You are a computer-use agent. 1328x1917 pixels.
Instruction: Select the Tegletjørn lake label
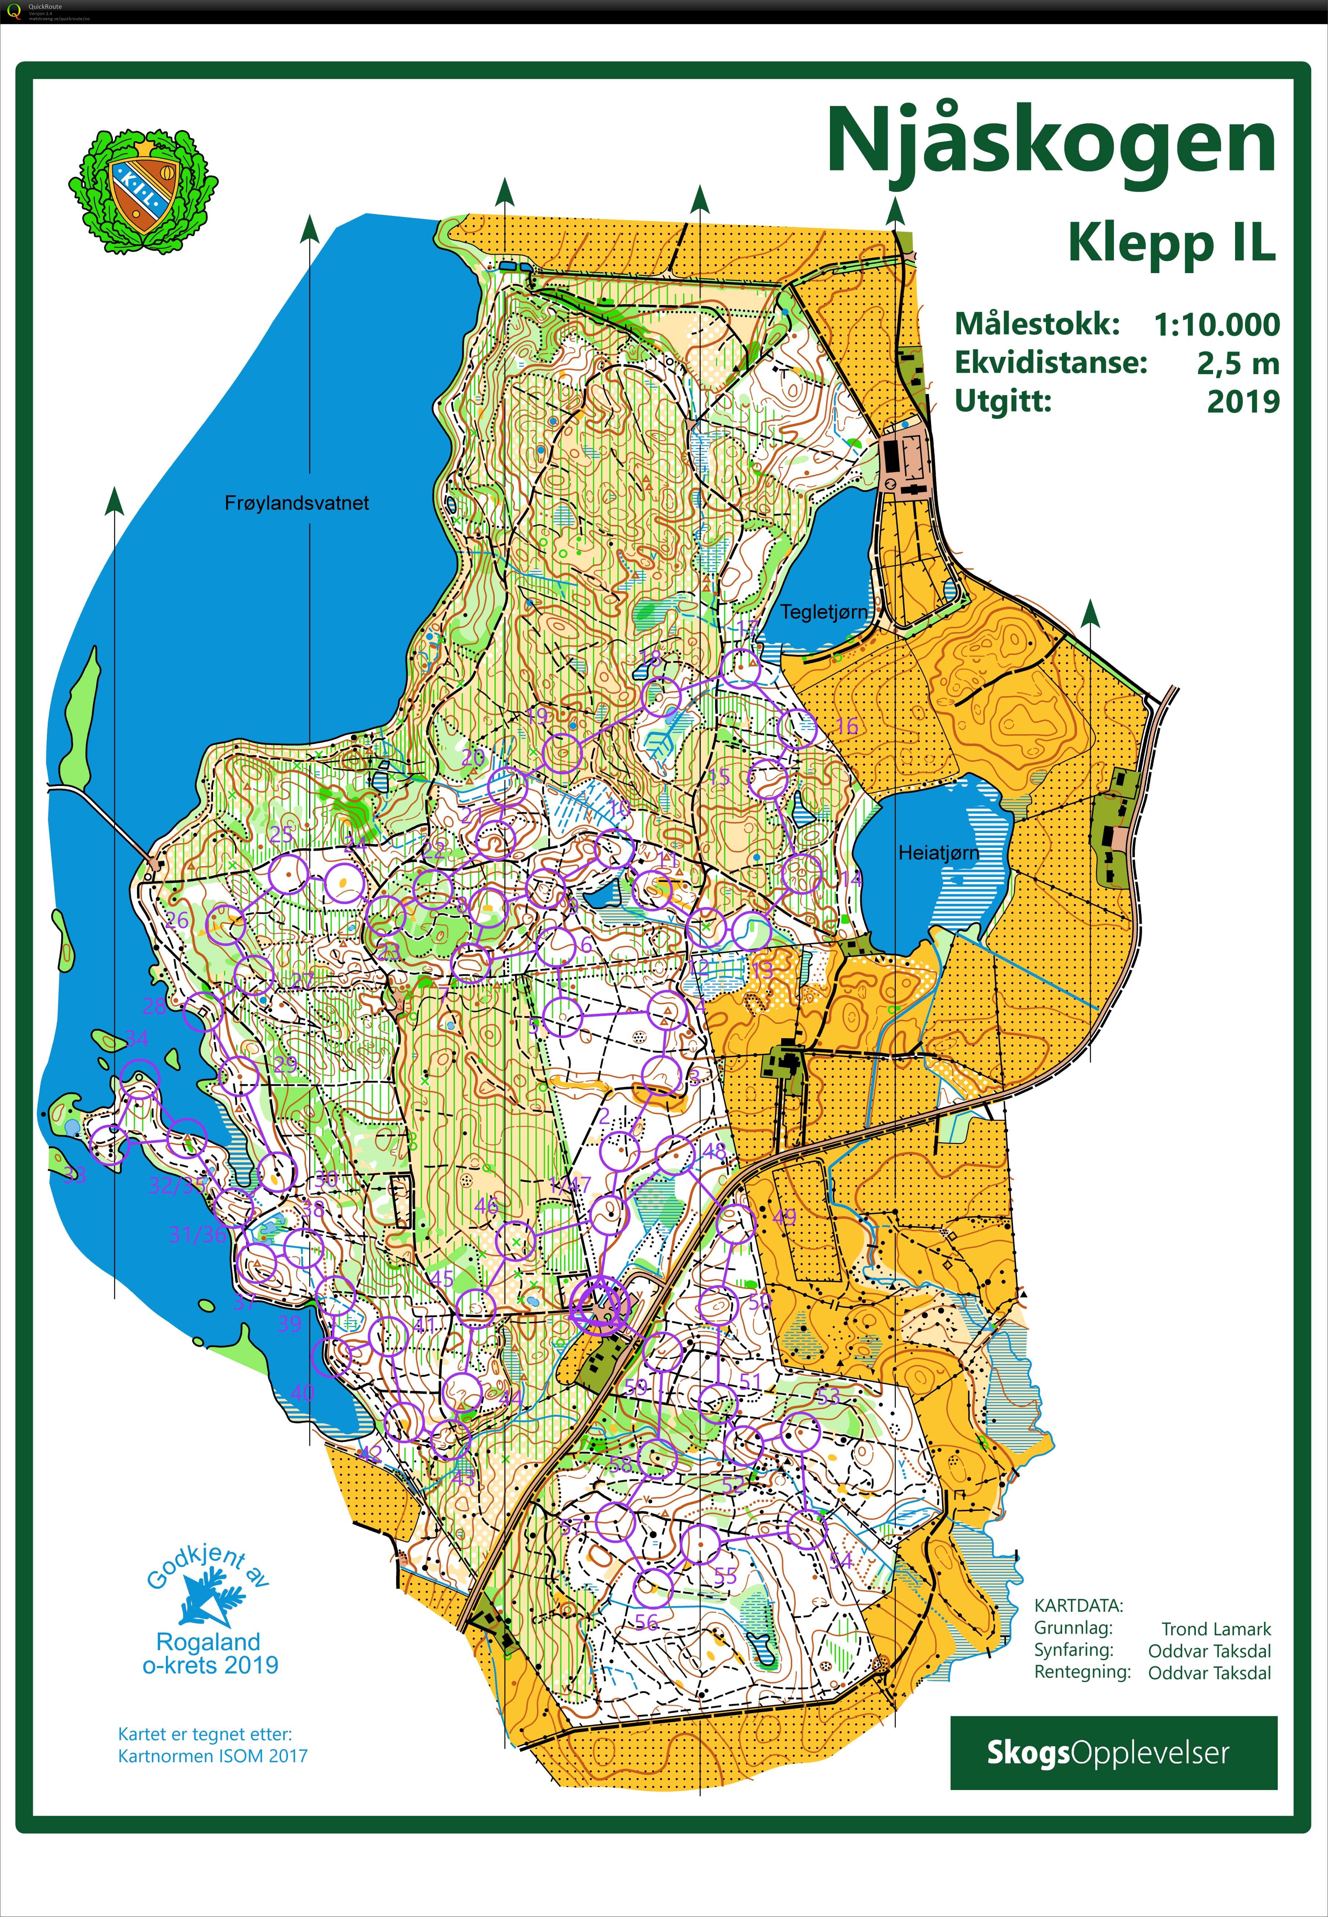pos(823,612)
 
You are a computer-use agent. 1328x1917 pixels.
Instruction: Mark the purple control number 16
pos(846,726)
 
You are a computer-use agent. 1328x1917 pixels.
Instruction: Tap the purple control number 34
pos(137,1038)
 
